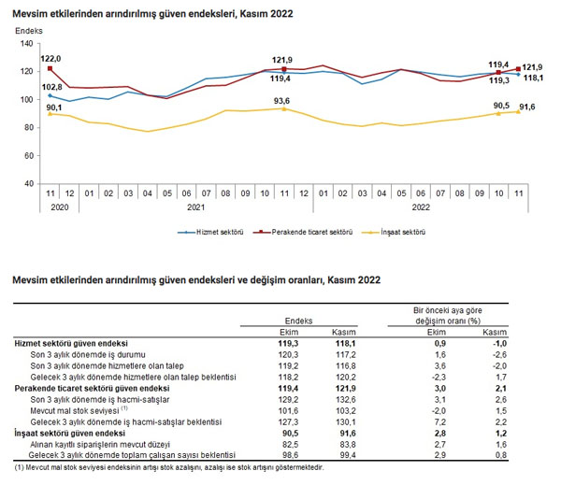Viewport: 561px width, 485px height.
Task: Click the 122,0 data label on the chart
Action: (50, 59)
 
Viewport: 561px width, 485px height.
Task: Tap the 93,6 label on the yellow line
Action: (282, 101)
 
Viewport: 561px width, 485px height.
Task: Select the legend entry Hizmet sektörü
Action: (210, 232)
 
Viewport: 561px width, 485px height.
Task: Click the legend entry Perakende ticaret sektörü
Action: (303, 232)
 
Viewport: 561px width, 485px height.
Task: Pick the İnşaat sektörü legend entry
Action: (394, 232)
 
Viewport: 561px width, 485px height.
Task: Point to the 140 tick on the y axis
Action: (27, 44)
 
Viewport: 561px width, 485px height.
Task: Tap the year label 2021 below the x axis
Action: (196, 207)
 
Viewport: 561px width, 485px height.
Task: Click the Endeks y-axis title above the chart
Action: (29, 31)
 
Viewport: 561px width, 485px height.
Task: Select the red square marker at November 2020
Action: (50, 68)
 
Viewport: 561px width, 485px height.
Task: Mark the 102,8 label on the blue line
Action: (51, 87)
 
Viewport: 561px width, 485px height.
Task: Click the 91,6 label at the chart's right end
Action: (527, 107)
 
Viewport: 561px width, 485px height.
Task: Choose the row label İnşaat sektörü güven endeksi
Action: (70, 434)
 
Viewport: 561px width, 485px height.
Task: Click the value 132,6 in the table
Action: (346, 400)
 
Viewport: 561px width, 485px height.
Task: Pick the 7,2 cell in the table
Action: (439, 422)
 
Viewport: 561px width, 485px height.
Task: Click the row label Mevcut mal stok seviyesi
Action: (75, 411)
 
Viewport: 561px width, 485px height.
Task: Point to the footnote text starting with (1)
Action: (169, 467)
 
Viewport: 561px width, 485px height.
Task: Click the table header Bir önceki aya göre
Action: (448, 310)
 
